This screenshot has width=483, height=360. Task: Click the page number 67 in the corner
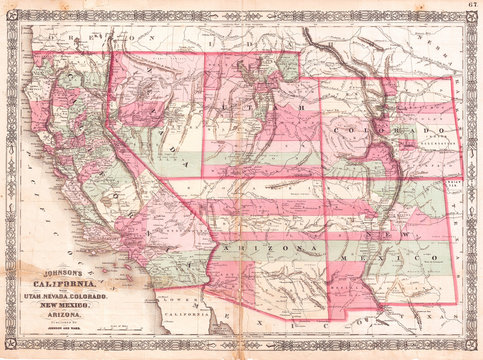470,7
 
